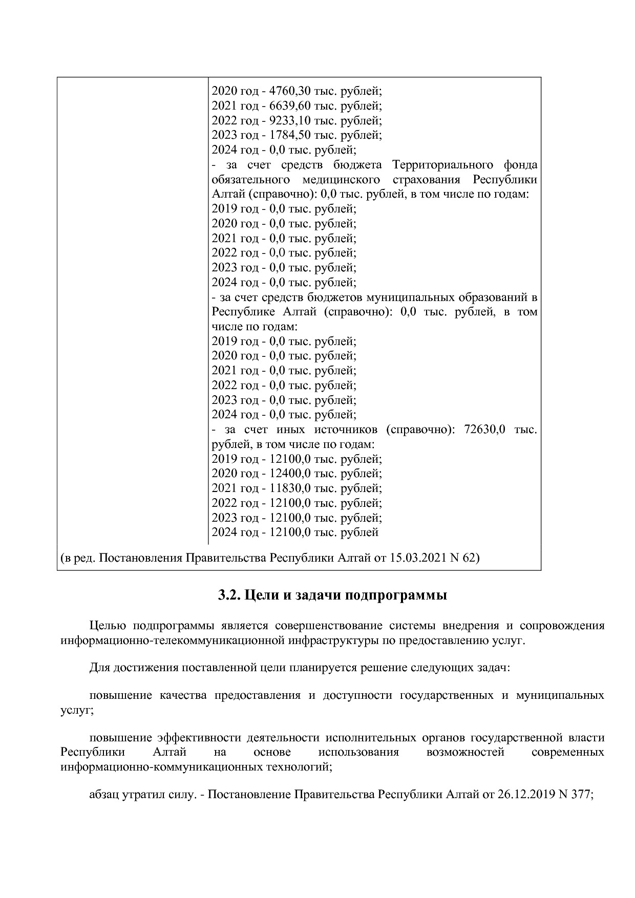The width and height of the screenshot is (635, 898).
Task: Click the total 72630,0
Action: pyautogui.click(x=484, y=430)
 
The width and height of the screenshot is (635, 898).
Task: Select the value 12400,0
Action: pyautogui.click(x=290, y=474)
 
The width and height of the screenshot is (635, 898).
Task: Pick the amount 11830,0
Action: pyautogui.click(x=290, y=488)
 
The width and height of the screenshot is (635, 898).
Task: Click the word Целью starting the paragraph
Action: pyautogui.click(x=108, y=626)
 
